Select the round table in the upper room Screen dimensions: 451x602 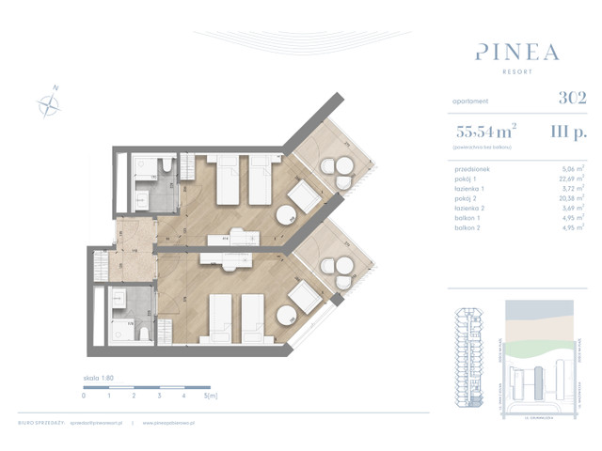(283, 213)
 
